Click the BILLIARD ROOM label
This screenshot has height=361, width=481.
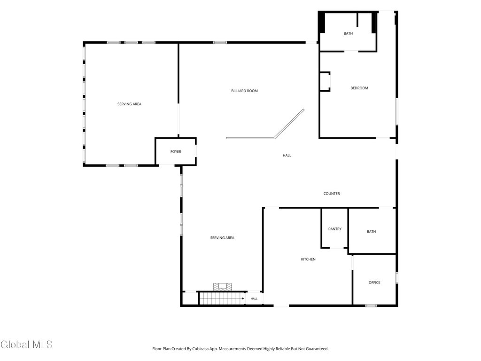(x=244, y=91)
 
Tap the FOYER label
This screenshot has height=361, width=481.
(x=176, y=152)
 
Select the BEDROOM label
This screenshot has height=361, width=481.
(x=359, y=88)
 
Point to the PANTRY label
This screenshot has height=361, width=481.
(x=334, y=229)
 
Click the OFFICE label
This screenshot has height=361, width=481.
(x=374, y=283)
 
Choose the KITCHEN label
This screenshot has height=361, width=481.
(x=308, y=259)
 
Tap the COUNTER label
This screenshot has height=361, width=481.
(x=332, y=194)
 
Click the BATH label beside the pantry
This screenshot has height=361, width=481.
(x=371, y=232)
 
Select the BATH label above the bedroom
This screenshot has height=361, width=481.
(x=348, y=33)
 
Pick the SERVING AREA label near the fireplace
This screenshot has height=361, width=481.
(x=222, y=238)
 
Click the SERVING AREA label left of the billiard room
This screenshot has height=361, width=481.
(x=129, y=104)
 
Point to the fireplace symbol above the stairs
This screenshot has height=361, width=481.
(x=223, y=287)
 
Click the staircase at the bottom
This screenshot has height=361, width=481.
(x=222, y=298)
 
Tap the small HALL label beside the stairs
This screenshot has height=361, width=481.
(x=254, y=298)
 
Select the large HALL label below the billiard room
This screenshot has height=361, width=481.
(x=287, y=156)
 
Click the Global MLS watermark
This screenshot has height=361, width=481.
(x=26, y=345)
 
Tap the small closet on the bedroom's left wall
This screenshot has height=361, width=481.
(x=325, y=82)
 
